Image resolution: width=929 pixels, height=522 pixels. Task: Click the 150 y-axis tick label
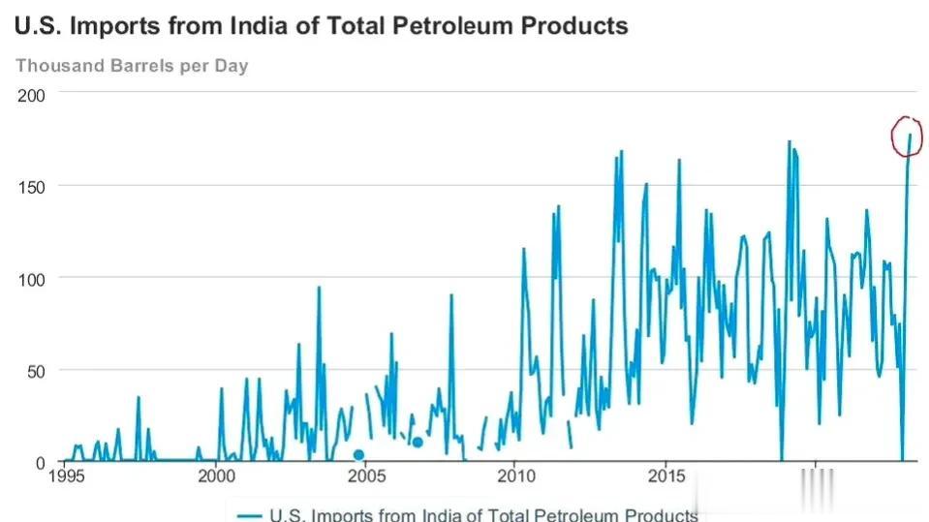coord(32,185)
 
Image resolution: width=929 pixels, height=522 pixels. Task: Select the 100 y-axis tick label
coord(32,277)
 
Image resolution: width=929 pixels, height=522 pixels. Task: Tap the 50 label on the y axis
coord(36,370)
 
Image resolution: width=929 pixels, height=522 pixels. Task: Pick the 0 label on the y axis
coord(41,462)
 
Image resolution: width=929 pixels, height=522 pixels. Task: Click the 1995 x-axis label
coord(65,476)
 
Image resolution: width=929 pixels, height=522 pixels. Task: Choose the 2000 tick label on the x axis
coord(216,476)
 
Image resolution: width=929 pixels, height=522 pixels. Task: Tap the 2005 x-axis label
coord(365,476)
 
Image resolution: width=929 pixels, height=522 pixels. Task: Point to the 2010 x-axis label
coord(515,476)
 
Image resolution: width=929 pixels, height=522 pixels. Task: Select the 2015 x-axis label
coord(666,476)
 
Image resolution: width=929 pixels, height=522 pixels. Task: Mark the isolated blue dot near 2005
coord(358,455)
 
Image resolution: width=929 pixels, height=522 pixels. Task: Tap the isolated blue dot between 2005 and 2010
coord(418,442)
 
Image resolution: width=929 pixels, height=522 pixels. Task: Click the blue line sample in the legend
coord(250,515)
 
